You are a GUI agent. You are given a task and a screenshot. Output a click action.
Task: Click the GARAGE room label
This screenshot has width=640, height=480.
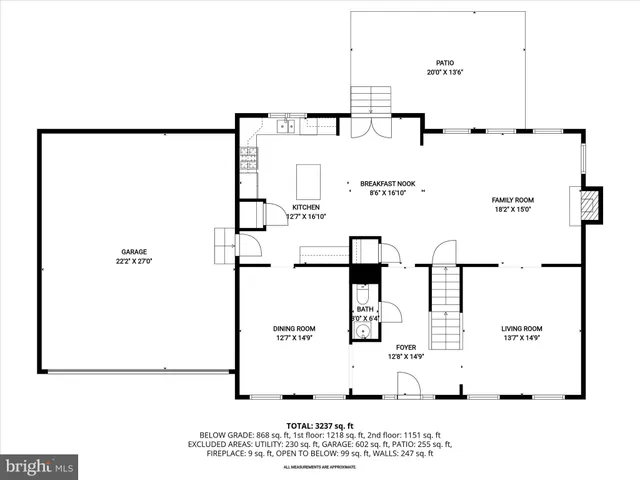pyautogui.click(x=136, y=251)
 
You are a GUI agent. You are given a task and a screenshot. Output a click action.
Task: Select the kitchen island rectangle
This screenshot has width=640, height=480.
pyautogui.click(x=310, y=182)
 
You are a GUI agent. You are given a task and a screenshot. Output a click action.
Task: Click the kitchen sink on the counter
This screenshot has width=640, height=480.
pyautogui.click(x=286, y=126)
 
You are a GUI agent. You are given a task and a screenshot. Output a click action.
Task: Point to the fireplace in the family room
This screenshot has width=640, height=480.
pyautogui.click(x=591, y=205)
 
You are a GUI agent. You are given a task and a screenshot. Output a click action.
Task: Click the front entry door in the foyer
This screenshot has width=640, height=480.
pyautogui.click(x=407, y=385)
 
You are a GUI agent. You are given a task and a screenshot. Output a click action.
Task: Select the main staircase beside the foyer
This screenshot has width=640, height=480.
pyautogui.click(x=445, y=310)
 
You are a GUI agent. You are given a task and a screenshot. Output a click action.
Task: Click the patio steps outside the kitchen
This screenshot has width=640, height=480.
pyautogui.click(x=371, y=100)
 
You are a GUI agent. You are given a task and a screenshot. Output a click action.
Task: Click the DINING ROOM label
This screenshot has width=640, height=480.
pyautogui.click(x=294, y=329)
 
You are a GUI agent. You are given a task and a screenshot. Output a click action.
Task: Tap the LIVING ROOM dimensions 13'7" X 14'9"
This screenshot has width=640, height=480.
pyautogui.click(x=521, y=338)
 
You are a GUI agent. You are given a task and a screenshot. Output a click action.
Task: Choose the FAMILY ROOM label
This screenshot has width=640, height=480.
pyautogui.click(x=512, y=200)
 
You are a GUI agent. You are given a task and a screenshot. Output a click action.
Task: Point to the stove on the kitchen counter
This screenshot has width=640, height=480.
pyautogui.click(x=248, y=158)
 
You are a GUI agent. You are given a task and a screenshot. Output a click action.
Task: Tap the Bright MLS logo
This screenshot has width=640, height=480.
pyautogui.click(x=40, y=466)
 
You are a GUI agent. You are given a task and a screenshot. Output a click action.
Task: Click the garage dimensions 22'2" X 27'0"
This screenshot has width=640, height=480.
pyautogui.click(x=136, y=261)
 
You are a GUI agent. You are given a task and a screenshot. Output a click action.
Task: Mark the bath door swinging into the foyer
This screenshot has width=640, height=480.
pyautogui.click(x=390, y=311)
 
